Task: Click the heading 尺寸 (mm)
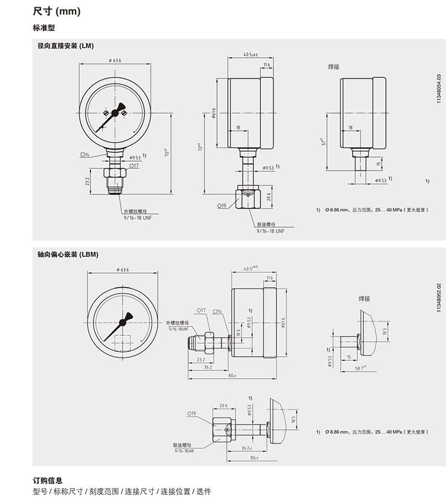coord(56,11)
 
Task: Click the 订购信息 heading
coord(48,480)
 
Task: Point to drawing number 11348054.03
coord(439,90)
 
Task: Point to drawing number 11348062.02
coord(439,297)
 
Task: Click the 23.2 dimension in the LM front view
coord(87,180)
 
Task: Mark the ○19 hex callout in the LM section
coord(222,205)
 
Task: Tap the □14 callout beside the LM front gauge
coord(84,155)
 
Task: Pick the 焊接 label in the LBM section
coord(364,298)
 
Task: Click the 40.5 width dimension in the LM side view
coord(250,55)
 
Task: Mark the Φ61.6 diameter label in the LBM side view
coord(283,322)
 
